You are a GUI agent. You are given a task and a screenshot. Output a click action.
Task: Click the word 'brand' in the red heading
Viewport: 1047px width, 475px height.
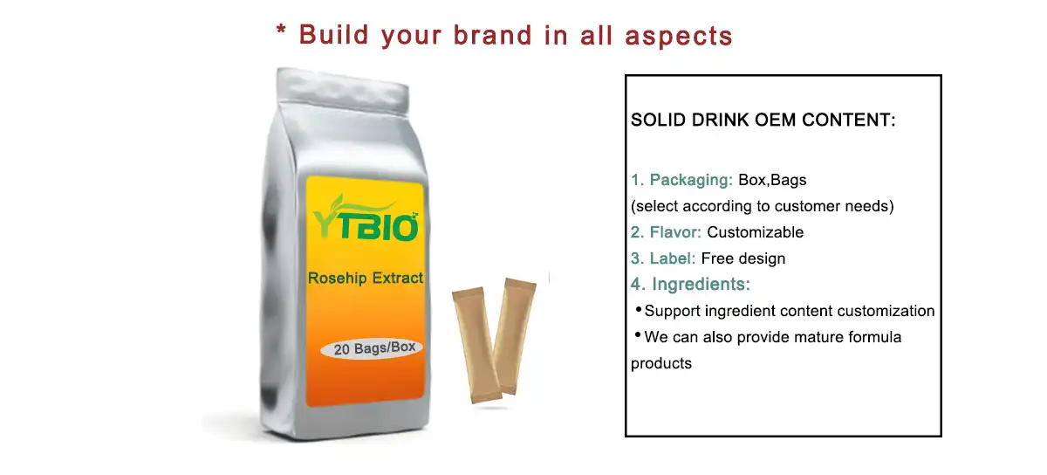(x=493, y=35)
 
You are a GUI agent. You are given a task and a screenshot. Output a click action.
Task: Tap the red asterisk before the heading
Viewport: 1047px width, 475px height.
(x=281, y=30)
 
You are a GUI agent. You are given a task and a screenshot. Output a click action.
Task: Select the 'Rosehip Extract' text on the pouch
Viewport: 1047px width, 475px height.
(x=366, y=278)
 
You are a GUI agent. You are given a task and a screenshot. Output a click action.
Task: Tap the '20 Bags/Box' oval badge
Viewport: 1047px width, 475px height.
(x=372, y=348)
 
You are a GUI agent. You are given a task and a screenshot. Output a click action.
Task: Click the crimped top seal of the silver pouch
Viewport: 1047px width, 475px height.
(x=343, y=92)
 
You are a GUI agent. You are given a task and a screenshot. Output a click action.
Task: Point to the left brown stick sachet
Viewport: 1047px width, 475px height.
(x=476, y=344)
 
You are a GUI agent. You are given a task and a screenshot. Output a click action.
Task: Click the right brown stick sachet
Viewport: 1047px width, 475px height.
(x=514, y=334)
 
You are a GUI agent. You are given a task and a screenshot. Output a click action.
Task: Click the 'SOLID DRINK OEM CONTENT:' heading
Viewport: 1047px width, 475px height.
(x=763, y=120)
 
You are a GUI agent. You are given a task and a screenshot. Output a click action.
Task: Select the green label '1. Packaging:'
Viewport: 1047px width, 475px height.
(x=681, y=180)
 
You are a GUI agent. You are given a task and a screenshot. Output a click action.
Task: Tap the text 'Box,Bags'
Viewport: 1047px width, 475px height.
(x=772, y=180)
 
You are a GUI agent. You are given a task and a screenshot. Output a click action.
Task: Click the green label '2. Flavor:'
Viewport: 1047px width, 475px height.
(x=666, y=232)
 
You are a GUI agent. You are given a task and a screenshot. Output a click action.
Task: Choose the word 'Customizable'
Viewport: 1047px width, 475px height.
(x=755, y=232)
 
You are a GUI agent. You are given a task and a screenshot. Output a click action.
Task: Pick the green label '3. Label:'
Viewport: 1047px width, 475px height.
(x=663, y=258)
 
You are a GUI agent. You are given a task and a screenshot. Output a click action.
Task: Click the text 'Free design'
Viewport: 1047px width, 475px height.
(x=743, y=258)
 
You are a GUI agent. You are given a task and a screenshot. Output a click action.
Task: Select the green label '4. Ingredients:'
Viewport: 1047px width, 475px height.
(x=690, y=284)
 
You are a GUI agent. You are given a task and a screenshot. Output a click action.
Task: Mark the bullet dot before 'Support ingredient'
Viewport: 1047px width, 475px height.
(x=639, y=309)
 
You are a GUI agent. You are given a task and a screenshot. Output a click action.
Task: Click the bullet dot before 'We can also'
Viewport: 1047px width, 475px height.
(x=638, y=334)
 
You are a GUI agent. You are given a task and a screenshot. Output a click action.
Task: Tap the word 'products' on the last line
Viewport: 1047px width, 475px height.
(x=661, y=363)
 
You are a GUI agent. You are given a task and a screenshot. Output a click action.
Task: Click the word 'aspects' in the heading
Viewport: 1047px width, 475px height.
(x=678, y=36)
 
